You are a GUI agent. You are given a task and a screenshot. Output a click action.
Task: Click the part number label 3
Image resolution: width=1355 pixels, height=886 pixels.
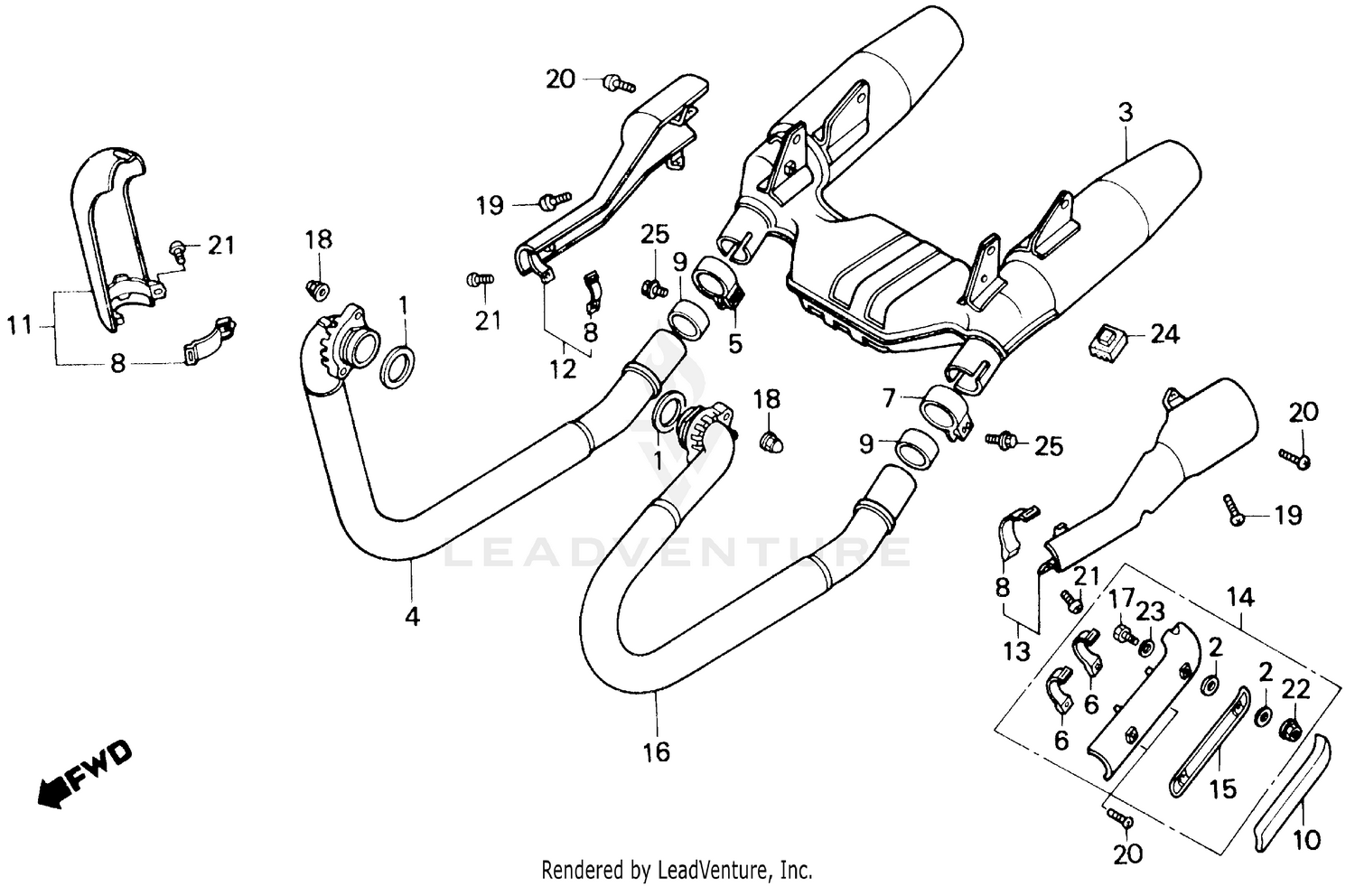pos(1125,114)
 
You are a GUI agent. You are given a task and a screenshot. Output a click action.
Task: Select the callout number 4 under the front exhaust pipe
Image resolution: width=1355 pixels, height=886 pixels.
pos(412,617)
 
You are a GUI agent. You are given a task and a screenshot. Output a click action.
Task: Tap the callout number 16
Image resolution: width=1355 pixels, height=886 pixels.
pos(657,751)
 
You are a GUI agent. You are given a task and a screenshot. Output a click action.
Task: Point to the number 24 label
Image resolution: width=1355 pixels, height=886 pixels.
pos(1164,335)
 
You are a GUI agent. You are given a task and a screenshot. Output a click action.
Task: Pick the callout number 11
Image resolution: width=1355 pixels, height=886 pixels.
pos(20,324)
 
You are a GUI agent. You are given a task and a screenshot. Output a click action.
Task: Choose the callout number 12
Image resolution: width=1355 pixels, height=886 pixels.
pos(563,368)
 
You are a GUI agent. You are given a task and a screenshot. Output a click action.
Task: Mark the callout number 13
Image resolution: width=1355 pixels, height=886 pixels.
pos(1016,650)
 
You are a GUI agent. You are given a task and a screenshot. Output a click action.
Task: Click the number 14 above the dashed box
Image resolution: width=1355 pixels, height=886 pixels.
pos(1240,597)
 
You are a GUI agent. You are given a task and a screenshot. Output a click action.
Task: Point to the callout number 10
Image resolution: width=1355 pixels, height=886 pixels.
pos(1306,839)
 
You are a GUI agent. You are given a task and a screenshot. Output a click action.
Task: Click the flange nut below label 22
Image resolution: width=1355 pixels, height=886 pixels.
pos(1291,729)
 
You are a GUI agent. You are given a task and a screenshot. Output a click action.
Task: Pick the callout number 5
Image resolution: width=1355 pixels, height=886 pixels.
pos(735,344)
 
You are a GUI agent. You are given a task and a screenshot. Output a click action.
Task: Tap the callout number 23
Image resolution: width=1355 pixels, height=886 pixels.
pos(1150,612)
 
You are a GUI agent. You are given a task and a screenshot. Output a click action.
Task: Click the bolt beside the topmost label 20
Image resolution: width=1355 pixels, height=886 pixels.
pos(620,83)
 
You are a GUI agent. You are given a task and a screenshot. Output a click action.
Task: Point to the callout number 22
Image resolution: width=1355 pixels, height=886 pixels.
pos(1294,689)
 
